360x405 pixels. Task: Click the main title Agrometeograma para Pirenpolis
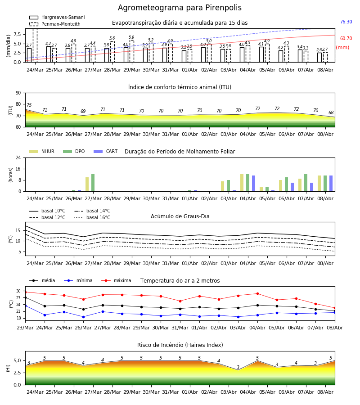180,8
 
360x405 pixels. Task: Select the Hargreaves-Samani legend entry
57,17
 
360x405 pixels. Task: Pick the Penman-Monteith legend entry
55,24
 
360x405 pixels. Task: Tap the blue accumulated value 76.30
346,22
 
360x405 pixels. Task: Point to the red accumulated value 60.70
346,39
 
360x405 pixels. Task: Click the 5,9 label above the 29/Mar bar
131,37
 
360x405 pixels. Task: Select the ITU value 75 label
29,105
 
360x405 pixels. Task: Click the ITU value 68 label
331,112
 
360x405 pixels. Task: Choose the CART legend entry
106,151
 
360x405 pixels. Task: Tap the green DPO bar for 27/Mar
93,183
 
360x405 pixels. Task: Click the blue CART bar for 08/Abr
331,184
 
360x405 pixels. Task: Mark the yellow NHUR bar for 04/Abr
242,183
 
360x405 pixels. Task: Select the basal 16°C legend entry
92,217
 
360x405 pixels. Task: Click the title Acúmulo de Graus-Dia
180,216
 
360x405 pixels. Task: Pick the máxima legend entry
116,280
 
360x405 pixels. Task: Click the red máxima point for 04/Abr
257,294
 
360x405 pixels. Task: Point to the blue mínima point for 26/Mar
83,317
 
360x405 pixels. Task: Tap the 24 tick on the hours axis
18,158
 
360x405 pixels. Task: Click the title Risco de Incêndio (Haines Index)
180,345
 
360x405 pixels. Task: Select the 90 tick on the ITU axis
18,93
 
